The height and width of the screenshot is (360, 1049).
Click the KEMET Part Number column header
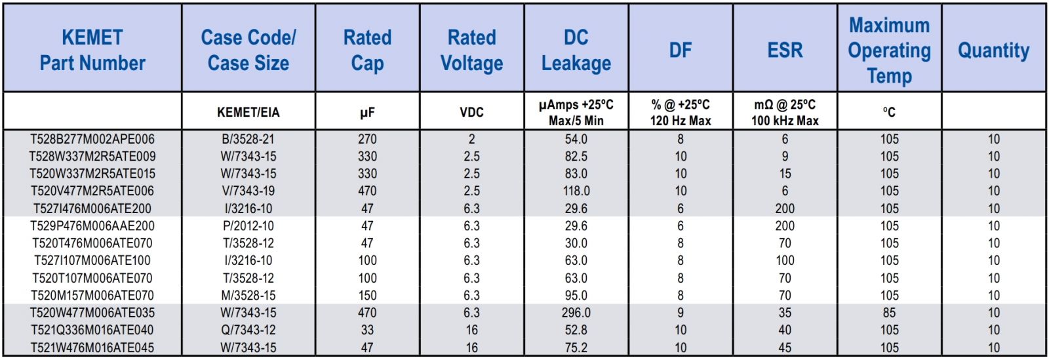[x=92, y=50]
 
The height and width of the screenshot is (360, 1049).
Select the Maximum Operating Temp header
[x=889, y=50]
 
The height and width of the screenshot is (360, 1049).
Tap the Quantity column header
[x=993, y=50]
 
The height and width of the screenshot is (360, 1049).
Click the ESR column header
[x=785, y=50]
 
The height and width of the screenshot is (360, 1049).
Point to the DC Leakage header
[x=576, y=50]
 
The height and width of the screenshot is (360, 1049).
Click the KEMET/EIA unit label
[x=248, y=112]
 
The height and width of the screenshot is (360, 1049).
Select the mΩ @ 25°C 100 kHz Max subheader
[x=785, y=112]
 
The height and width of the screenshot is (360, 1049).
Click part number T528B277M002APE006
[x=92, y=139]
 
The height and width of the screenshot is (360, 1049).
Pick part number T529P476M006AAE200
[x=92, y=226]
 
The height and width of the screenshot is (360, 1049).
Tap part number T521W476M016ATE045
[x=92, y=348]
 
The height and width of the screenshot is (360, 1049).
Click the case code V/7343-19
[x=248, y=191]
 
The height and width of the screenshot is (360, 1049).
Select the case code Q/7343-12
[x=248, y=330]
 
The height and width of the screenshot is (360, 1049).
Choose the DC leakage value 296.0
[x=576, y=313]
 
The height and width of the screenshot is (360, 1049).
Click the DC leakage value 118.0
[x=576, y=191]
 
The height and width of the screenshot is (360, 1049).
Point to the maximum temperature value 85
[x=889, y=313]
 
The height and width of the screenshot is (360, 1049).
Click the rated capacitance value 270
[x=367, y=139]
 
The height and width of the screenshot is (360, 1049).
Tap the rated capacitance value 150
[x=367, y=295]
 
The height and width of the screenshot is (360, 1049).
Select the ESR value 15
[x=785, y=174]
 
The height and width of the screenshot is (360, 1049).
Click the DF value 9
[x=681, y=313]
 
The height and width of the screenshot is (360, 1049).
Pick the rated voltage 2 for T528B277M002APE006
[x=471, y=139]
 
